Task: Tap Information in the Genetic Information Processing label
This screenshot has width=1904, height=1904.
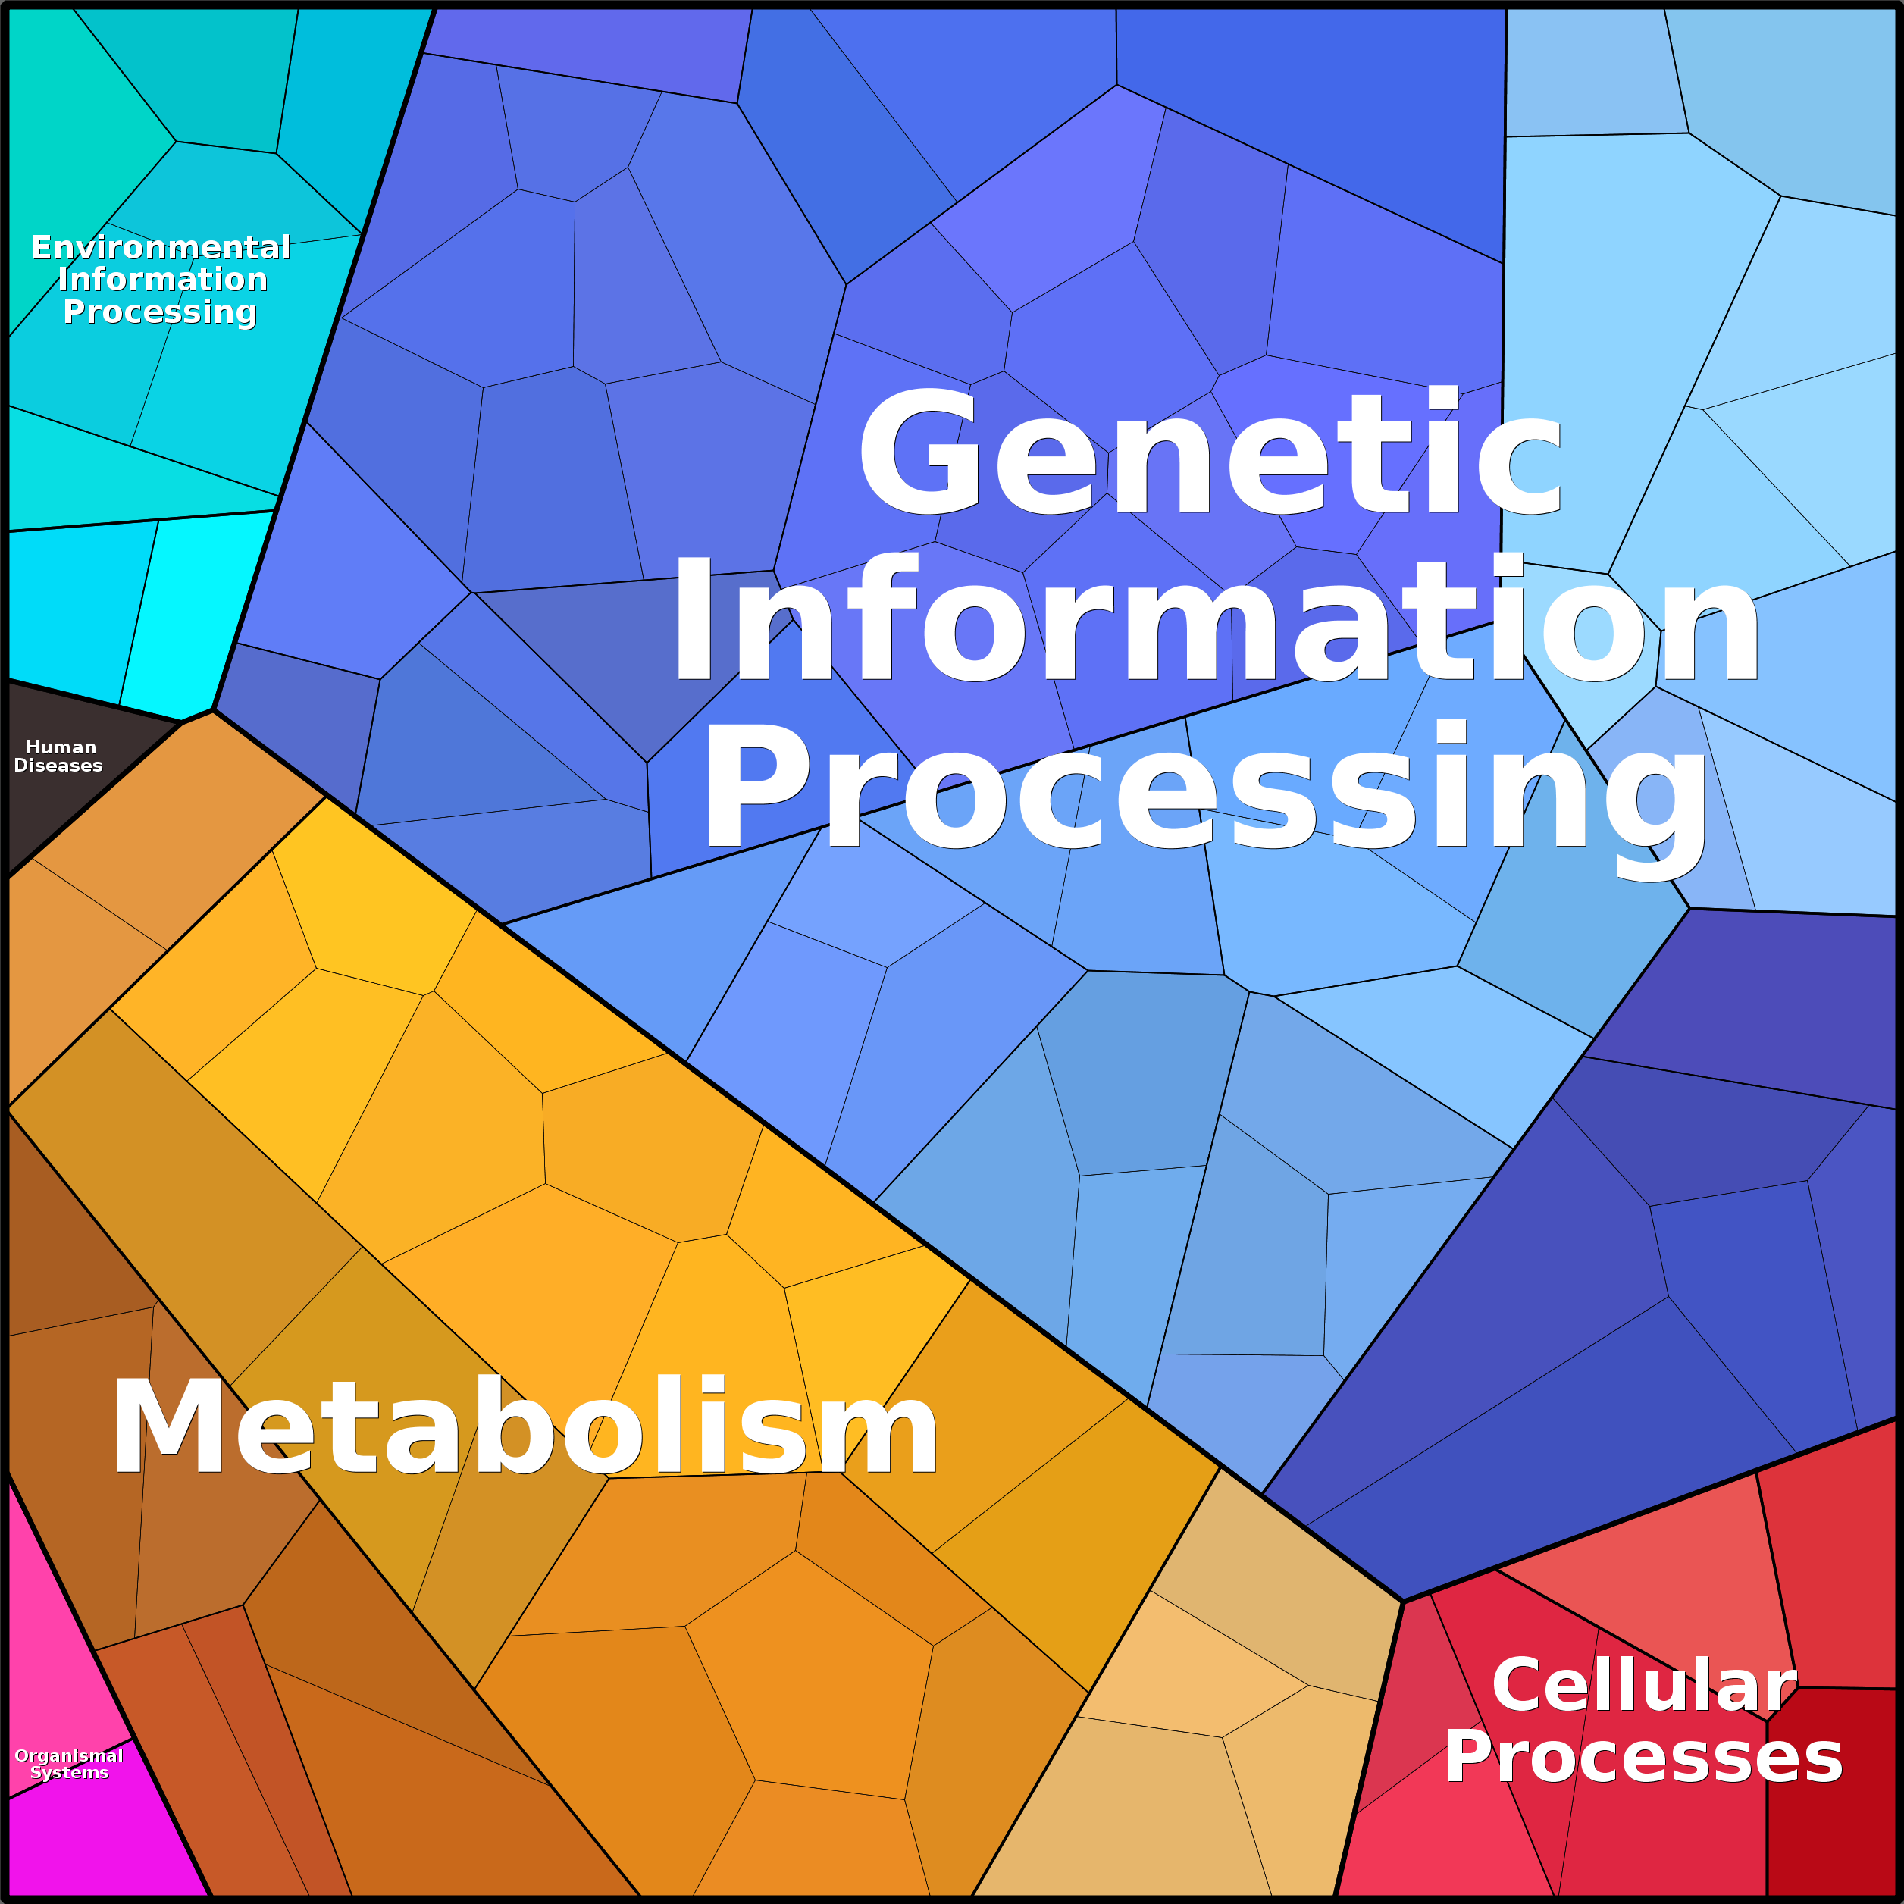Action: (x=1214, y=619)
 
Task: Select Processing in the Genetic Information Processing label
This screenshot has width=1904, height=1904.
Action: (x=1204, y=785)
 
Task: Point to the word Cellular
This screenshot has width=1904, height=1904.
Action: (x=1644, y=1684)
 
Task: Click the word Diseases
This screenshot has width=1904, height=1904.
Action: (x=58, y=766)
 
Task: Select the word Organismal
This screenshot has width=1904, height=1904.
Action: (x=69, y=1755)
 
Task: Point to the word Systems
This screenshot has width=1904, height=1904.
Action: (x=69, y=1772)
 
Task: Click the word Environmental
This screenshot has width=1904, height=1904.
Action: (x=161, y=246)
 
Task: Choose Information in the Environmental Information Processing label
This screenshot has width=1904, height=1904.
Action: (x=163, y=279)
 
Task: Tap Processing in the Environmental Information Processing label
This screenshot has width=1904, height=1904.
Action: (x=160, y=312)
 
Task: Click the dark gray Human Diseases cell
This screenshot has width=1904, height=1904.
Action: (x=59, y=808)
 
